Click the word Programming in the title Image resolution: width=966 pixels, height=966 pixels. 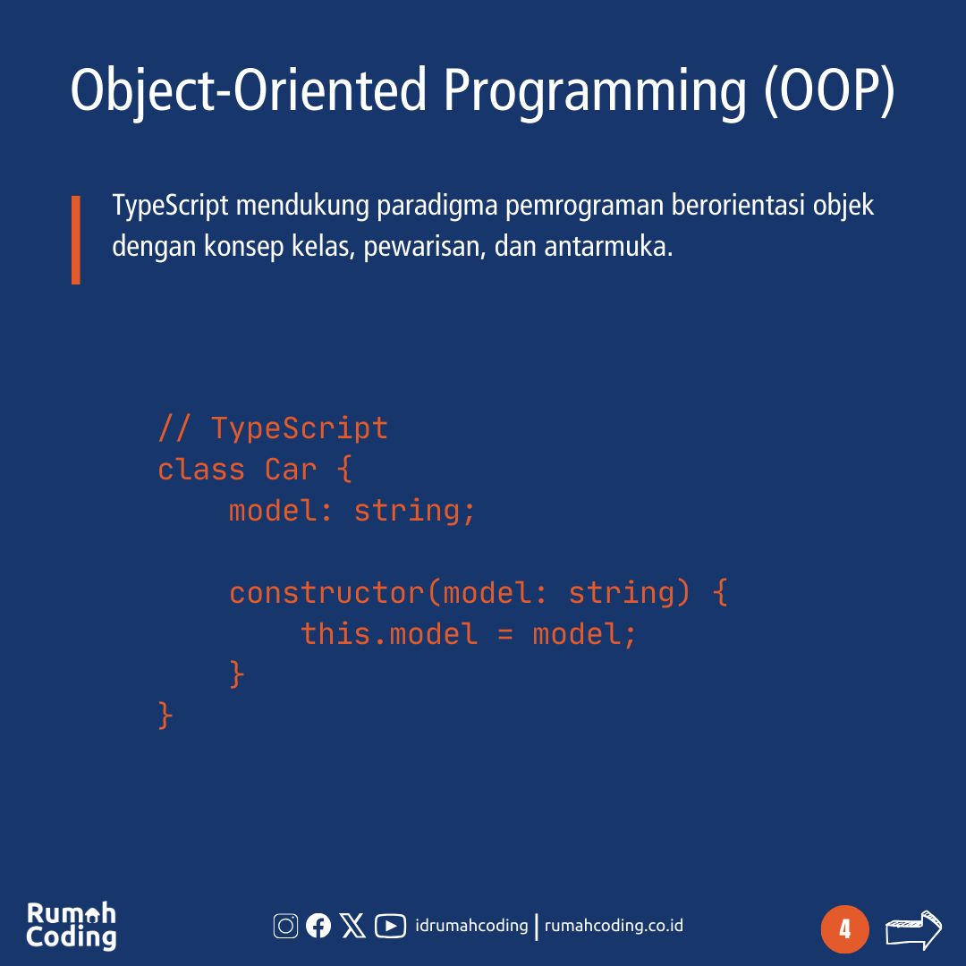(594, 91)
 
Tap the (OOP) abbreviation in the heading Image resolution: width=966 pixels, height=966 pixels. (829, 91)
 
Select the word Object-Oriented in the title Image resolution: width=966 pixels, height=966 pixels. (249, 91)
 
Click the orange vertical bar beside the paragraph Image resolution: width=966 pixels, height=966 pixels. (76, 240)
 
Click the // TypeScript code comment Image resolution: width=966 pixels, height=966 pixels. (273, 428)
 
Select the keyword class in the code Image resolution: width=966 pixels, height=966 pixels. (201, 469)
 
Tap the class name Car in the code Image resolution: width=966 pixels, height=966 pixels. (291, 469)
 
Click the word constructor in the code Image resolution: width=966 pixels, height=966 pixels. (326, 592)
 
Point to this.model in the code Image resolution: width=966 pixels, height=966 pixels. (389, 633)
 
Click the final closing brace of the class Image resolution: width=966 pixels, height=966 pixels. (165, 716)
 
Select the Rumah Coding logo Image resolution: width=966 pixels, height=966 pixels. (72, 926)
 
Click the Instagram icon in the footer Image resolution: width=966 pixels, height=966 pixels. (285, 926)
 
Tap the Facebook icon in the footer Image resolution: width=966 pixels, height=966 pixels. (318, 926)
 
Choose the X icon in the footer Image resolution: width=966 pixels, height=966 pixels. (353, 926)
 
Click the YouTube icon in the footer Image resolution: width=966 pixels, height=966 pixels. (390, 926)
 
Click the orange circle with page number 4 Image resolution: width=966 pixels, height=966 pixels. (844, 929)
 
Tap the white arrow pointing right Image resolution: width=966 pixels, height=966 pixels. (913, 929)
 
